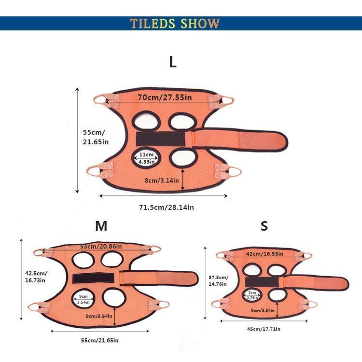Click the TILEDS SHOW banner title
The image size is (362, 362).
pos(174,24)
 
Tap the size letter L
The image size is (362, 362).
pos(173,62)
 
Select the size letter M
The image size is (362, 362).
pos(101,226)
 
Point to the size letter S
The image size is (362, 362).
pos(264,226)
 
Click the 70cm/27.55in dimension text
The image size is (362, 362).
pos(165,97)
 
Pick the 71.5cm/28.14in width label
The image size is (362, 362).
pos(166,208)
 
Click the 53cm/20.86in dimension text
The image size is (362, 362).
pos(101,247)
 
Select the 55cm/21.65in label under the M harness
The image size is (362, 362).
pos(99,340)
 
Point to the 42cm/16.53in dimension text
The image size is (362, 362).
pos(265,253)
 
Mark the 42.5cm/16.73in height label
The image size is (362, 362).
pos(35,276)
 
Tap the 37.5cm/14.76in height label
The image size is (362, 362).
pos(219,281)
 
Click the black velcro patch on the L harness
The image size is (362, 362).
pos(160,139)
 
